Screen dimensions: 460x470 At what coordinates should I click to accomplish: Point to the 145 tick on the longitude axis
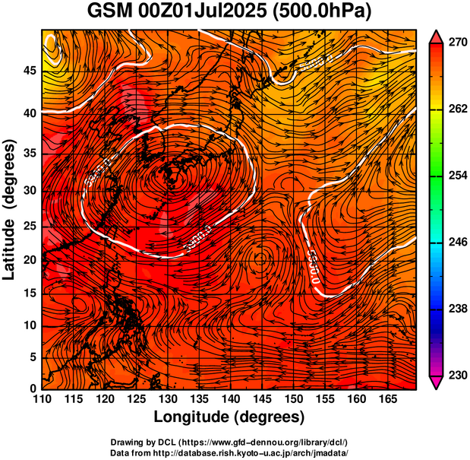[260, 398]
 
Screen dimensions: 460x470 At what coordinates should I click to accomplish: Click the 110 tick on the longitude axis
[42, 398]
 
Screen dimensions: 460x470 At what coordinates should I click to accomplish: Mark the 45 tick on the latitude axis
[28, 71]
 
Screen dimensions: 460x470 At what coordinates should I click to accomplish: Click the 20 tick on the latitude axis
[28, 259]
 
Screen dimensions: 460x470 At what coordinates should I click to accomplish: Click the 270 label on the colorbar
[456, 43]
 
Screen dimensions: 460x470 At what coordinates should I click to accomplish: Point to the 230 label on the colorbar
[456, 375]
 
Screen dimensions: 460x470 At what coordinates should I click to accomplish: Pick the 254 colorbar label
[456, 176]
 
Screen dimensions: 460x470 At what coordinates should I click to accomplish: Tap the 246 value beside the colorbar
[456, 243]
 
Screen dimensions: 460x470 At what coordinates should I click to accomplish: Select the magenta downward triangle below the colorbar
[437, 382]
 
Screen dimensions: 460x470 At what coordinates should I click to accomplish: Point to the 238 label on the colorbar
[456, 309]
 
